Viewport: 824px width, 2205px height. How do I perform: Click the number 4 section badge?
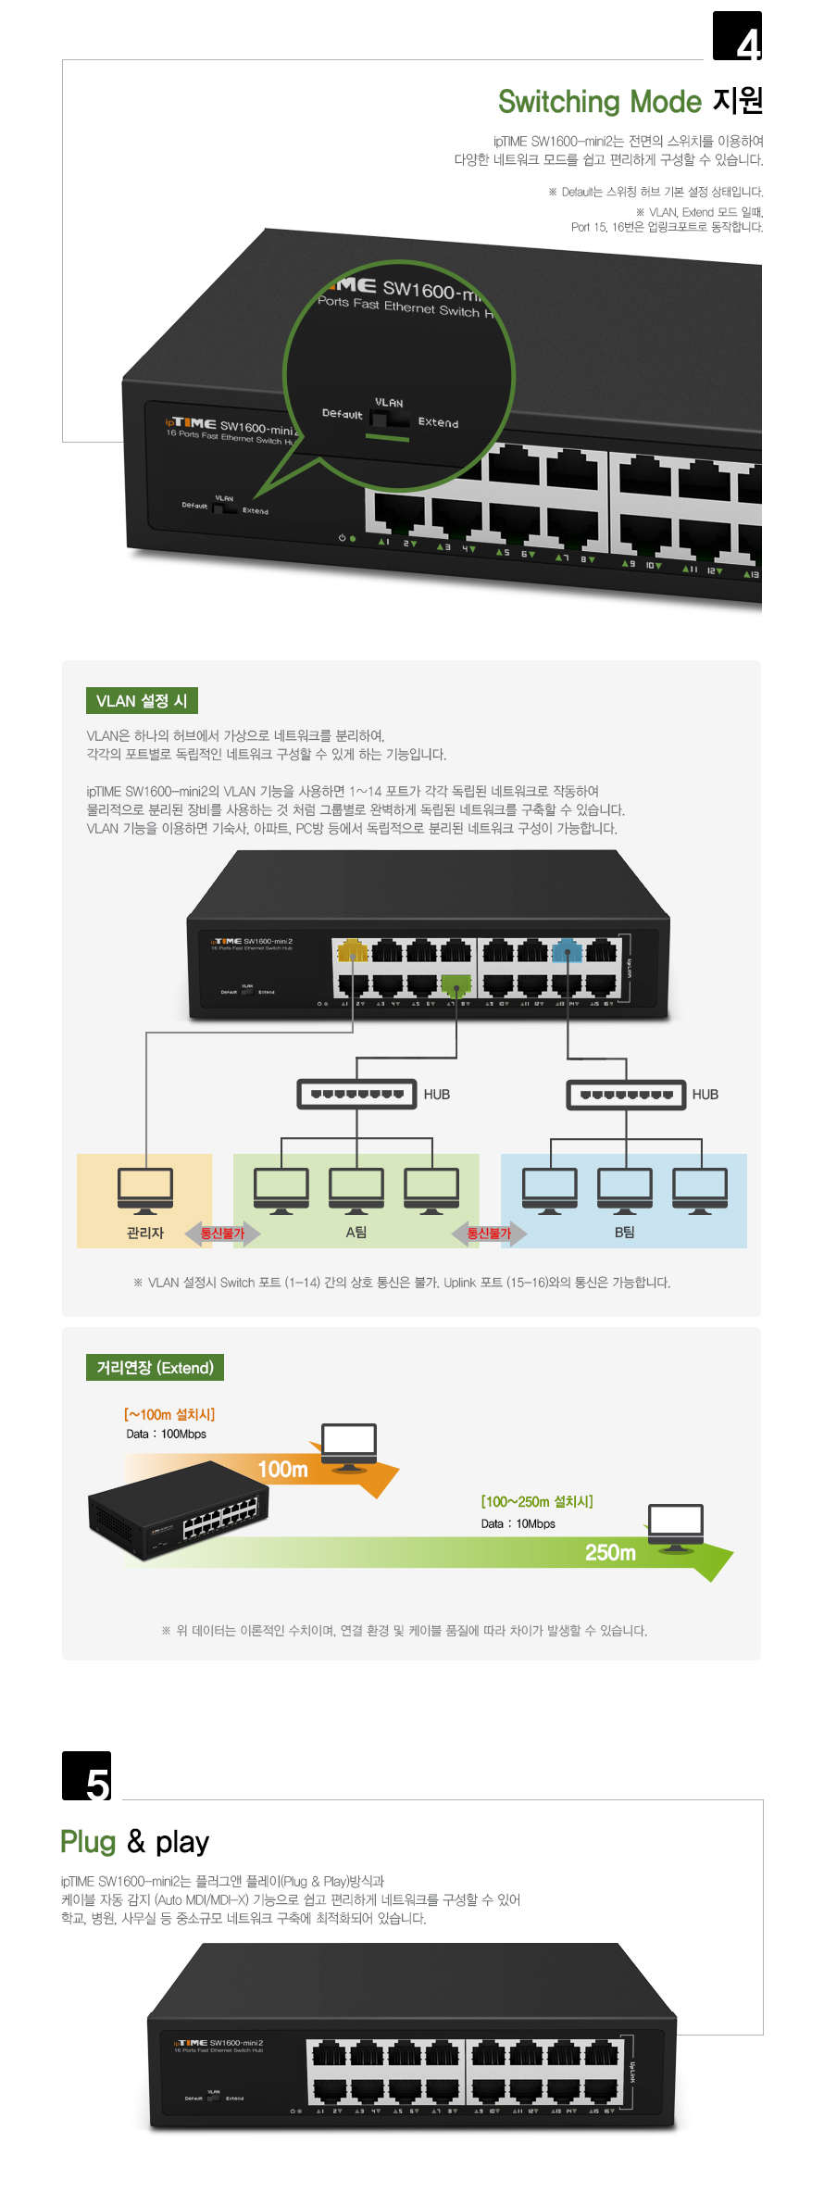point(737,36)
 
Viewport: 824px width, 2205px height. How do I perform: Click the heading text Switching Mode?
point(599,102)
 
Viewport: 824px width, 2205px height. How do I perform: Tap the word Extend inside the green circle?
point(438,422)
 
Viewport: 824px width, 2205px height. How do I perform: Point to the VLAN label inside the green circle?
point(389,403)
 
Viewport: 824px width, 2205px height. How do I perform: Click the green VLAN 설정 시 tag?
point(142,701)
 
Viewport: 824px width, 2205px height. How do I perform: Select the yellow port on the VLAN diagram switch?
point(353,951)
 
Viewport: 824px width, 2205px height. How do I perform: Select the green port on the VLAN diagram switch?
point(456,983)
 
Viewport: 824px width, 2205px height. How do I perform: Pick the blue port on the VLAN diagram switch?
point(567,951)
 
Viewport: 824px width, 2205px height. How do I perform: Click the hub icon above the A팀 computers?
point(356,1094)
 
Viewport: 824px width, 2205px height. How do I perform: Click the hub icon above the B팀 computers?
point(626,1094)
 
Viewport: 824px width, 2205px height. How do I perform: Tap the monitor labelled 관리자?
point(145,1190)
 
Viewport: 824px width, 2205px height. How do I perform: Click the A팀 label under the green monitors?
point(356,1233)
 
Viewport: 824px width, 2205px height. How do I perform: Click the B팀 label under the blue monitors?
point(625,1233)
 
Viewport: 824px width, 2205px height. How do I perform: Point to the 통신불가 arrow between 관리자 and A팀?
point(222,1234)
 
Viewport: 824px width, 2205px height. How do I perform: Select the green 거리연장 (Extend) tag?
point(155,1368)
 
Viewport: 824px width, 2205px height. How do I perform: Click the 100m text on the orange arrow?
point(282,1470)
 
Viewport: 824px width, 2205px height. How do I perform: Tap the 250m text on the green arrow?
point(610,1553)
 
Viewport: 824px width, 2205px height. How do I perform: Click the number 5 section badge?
point(87,1776)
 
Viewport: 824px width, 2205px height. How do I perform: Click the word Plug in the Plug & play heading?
point(88,1842)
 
